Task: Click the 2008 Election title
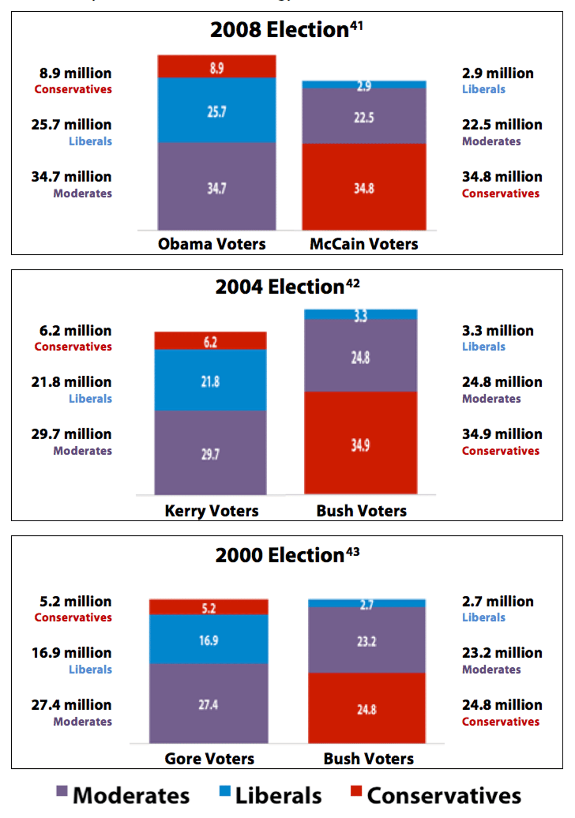tap(280, 30)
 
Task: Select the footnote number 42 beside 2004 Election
tap(353, 283)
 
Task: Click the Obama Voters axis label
tap(212, 244)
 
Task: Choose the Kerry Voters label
tap(212, 511)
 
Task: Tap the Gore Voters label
tap(209, 759)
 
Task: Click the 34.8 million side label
tap(502, 177)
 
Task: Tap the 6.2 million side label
tap(75, 331)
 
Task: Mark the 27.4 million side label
tap(71, 705)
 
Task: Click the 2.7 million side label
tap(498, 601)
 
